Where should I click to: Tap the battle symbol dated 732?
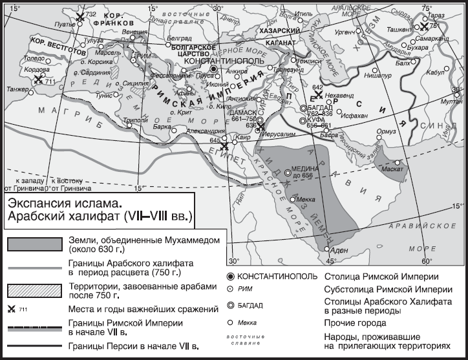(80, 17)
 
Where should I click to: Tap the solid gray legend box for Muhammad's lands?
(36, 244)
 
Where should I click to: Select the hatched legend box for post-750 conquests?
(36, 290)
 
